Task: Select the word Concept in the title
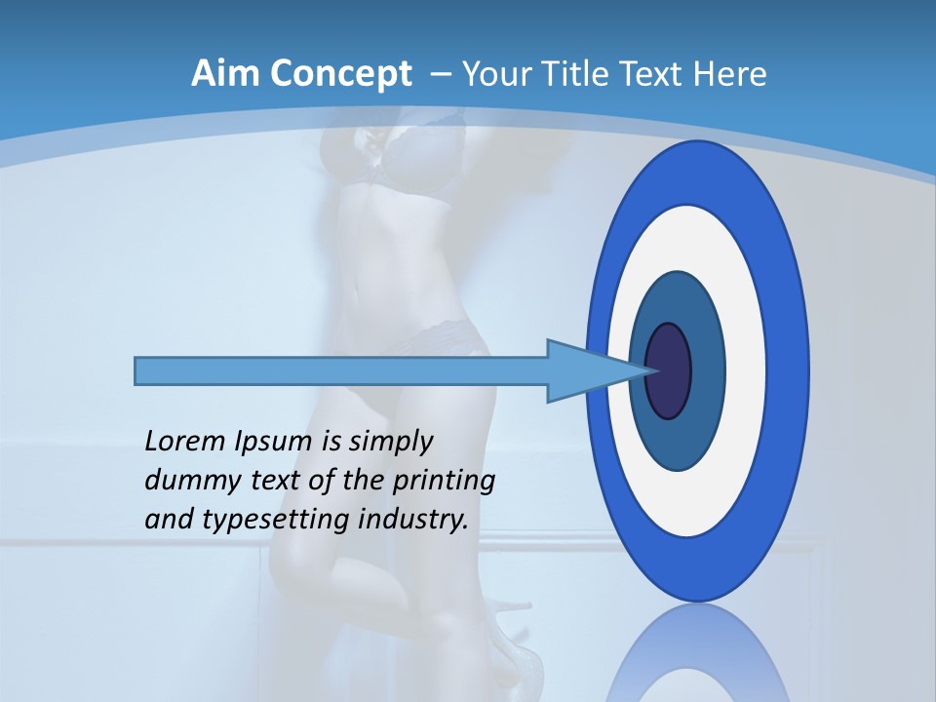click(x=339, y=73)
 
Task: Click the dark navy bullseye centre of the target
click(x=669, y=371)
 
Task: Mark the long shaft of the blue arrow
click(x=341, y=371)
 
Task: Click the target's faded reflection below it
click(x=698, y=653)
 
